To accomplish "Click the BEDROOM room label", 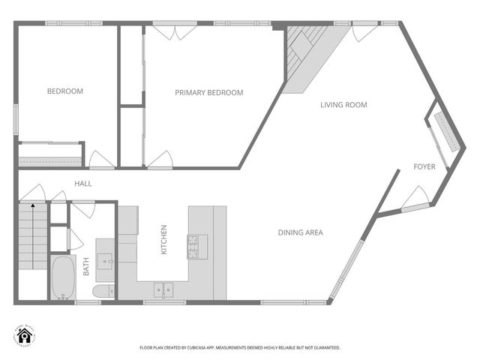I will pyautogui.click(x=65, y=91).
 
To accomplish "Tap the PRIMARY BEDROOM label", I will pyautogui.click(x=209, y=93).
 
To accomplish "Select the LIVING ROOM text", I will pyautogui.click(x=343, y=105).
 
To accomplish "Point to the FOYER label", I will pyautogui.click(x=424, y=166).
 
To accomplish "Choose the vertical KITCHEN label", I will pyautogui.click(x=164, y=240).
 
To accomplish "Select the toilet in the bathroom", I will pyautogui.click(x=103, y=292).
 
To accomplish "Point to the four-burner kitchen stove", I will pyautogui.click(x=197, y=245).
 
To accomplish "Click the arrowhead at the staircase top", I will pyautogui.click(x=33, y=203).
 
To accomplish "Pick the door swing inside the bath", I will pyautogui.click(x=76, y=238).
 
